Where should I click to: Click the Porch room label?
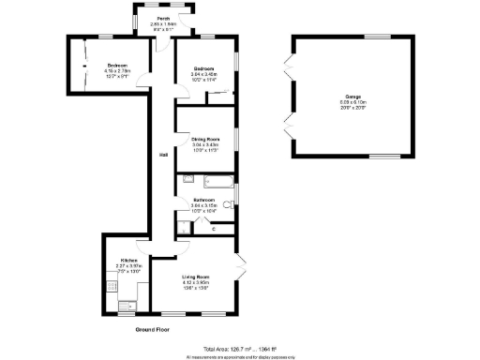[163, 19]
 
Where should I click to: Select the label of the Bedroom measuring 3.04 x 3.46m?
[205, 68]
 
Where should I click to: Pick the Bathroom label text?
[204, 200]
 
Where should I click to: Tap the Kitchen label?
[128, 260]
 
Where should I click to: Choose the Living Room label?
[195, 277]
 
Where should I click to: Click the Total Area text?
[240, 348]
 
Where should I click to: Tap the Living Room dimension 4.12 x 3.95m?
[195, 282]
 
